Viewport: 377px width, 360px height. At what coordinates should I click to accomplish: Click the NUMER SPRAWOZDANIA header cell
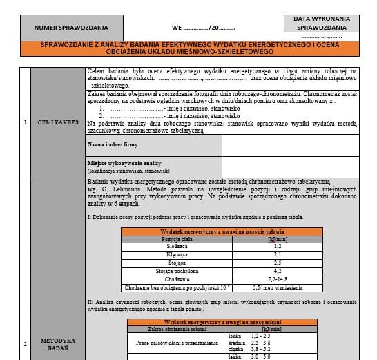point(72,28)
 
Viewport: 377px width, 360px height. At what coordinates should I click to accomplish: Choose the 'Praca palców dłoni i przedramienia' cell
point(173,343)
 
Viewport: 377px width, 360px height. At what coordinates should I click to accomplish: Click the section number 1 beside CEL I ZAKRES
point(26,122)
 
